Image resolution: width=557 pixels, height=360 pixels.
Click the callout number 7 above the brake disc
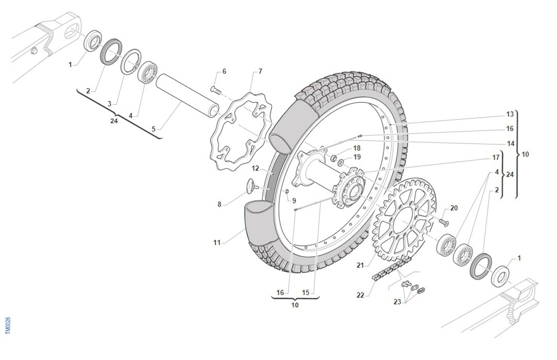[260, 72]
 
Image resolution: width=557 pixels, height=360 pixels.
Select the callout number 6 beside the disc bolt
[224, 72]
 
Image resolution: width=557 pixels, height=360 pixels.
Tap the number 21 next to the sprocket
[360, 265]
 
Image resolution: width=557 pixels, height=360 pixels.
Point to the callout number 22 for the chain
[360, 295]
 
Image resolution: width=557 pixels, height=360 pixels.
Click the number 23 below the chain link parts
[397, 302]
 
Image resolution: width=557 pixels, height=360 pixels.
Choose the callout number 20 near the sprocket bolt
[454, 208]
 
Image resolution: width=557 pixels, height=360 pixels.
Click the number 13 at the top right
[510, 114]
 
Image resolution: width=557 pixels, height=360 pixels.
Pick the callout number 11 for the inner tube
[217, 242]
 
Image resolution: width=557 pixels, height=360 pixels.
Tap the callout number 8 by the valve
[219, 204]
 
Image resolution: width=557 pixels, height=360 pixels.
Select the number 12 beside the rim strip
[255, 169]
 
